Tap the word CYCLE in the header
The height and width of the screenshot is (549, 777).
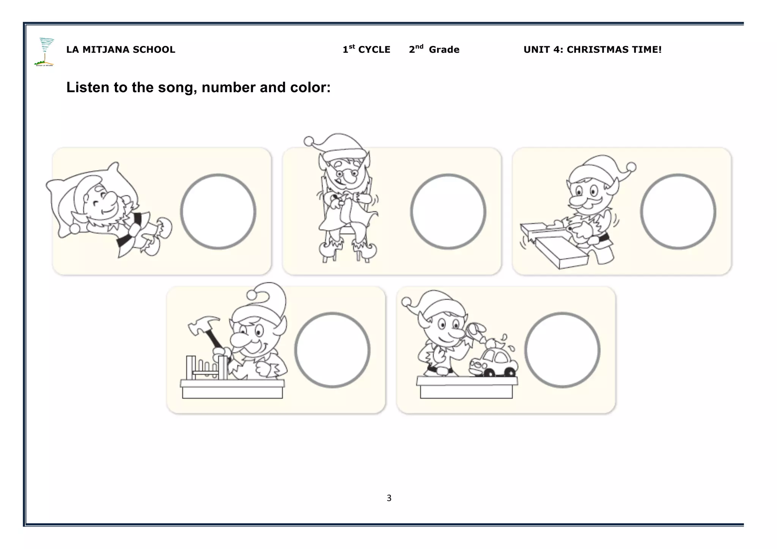click(374, 50)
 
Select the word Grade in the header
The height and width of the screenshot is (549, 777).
click(444, 50)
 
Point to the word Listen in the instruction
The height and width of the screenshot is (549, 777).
click(88, 87)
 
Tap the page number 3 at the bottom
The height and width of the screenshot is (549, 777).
click(389, 498)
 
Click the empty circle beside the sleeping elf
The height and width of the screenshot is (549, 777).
click(218, 212)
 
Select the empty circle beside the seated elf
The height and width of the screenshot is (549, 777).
click(448, 212)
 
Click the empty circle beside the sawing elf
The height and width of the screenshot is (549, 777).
click(678, 212)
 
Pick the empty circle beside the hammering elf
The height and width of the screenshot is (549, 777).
click(332, 350)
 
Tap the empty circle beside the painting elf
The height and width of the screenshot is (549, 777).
click(562, 350)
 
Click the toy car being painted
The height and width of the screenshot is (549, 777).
click(493, 363)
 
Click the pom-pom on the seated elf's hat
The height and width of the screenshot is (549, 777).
click(309, 141)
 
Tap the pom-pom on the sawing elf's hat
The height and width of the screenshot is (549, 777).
click(631, 167)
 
